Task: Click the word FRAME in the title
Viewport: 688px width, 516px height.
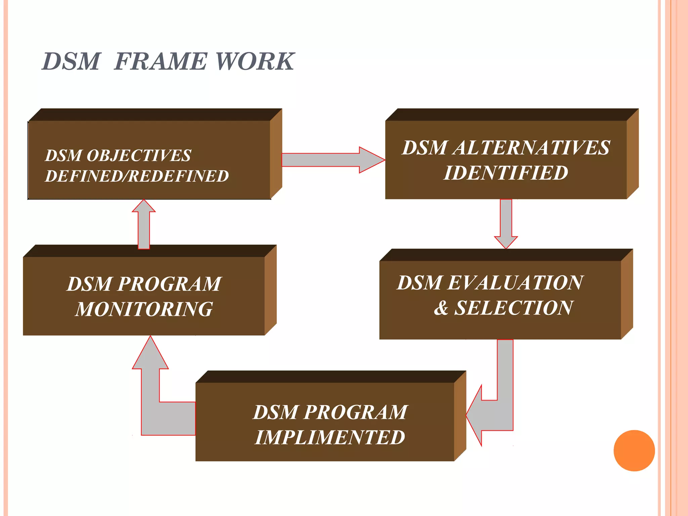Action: (x=161, y=61)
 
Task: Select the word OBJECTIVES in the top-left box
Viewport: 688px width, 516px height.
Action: (x=138, y=156)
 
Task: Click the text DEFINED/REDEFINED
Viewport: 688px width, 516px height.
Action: (x=137, y=176)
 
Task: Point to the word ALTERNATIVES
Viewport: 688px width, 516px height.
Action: (x=531, y=148)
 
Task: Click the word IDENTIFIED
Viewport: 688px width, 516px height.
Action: (x=506, y=173)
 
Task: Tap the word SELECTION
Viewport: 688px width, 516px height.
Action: (x=513, y=308)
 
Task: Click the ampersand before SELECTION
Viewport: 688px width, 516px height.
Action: (x=441, y=308)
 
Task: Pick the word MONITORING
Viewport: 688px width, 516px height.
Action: (x=144, y=309)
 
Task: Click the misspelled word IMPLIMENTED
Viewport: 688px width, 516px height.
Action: (x=330, y=437)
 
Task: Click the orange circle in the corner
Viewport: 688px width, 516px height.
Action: (x=634, y=450)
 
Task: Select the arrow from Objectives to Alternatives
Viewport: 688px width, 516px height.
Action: (x=333, y=160)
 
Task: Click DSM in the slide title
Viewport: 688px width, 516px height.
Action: (x=71, y=61)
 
